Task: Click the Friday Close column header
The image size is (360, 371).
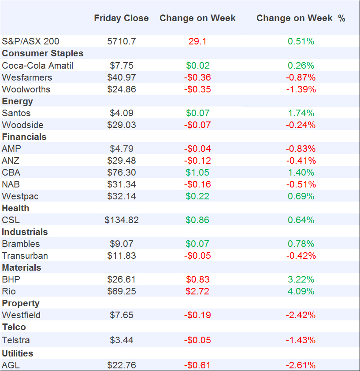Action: pos(121,18)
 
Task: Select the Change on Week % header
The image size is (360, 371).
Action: pos(301,18)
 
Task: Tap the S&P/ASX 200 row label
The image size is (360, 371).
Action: pos(30,41)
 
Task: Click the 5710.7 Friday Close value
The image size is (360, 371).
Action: pos(122,41)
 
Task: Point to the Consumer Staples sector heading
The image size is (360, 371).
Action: pos(43,53)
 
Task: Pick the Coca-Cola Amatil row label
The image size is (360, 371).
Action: pos(37,66)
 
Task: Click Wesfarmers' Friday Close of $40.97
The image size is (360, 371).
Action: pos(122,77)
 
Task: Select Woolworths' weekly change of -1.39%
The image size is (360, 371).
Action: pos(301,89)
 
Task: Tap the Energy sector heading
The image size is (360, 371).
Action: pos(18,101)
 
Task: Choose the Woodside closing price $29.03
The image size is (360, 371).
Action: pos(122,125)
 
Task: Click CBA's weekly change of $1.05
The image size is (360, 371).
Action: pos(197,173)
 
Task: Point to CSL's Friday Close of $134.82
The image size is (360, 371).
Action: pos(122,220)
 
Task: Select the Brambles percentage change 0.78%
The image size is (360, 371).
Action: pos(301,244)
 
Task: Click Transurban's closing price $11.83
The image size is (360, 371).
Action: pos(122,256)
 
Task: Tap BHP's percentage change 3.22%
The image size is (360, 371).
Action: pos(301,279)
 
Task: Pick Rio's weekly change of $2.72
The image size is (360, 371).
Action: pos(197,291)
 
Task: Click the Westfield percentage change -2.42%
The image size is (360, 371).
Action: pos(301,315)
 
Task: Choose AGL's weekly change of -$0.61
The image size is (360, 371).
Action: pos(197,365)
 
